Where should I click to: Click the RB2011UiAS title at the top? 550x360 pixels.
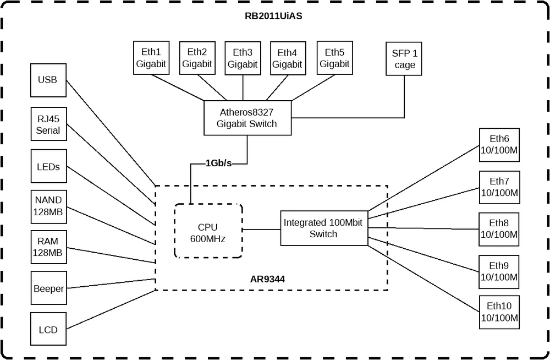pyautogui.click(x=273, y=16)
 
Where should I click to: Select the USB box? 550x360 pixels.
pyautogui.click(x=47, y=80)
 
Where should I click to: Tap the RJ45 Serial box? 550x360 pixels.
pyautogui.click(x=48, y=124)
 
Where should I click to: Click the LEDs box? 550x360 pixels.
pyautogui.click(x=48, y=166)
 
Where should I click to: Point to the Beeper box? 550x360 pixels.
pyautogui.click(x=48, y=288)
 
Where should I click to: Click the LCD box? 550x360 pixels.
pyautogui.click(x=48, y=330)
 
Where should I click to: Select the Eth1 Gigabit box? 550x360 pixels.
pyautogui.click(x=151, y=58)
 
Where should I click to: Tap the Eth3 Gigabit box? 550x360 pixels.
pyautogui.click(x=243, y=58)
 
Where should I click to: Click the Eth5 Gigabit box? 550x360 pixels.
pyautogui.click(x=334, y=58)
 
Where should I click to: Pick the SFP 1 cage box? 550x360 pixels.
pyautogui.click(x=404, y=59)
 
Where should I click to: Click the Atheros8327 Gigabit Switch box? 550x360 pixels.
pyautogui.click(x=246, y=118)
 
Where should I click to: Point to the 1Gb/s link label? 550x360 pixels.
pyautogui.click(x=218, y=163)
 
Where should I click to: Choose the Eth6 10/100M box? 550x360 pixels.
pyautogui.click(x=499, y=145)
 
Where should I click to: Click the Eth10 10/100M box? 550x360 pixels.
pyautogui.click(x=499, y=312)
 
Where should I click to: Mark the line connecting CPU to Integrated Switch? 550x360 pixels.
pyautogui.click(x=261, y=230)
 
